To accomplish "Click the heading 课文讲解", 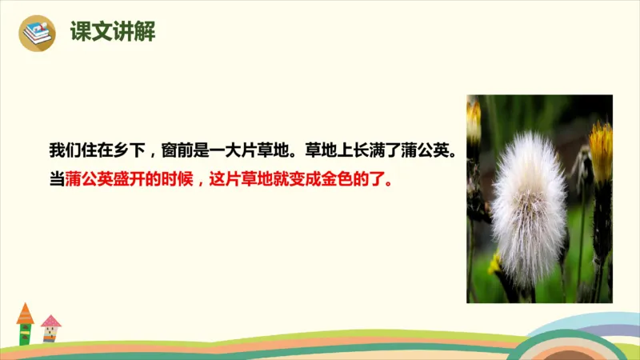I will point(112,33).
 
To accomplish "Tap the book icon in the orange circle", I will point(37,34).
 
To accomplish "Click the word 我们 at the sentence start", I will point(66,150).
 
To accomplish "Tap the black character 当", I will point(58,180).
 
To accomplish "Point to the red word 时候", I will point(181,180).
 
